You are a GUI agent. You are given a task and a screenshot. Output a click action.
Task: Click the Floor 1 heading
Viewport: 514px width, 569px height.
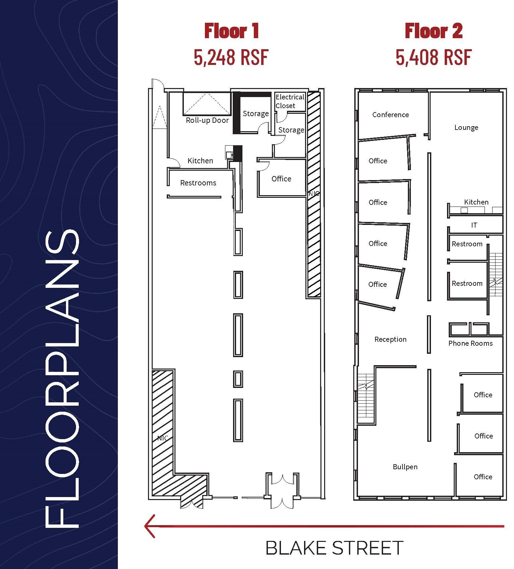pos(232,31)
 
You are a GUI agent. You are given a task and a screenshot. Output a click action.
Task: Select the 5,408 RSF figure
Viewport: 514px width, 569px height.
pos(433,57)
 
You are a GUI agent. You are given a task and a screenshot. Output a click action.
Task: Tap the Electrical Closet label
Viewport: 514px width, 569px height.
pos(290,101)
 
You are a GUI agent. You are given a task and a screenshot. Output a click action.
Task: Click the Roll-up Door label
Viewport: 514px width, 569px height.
pos(207,120)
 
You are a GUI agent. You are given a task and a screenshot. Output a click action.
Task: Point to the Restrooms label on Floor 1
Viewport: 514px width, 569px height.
pos(198,183)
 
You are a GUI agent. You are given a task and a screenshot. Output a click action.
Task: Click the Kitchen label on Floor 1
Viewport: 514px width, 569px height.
pos(200,161)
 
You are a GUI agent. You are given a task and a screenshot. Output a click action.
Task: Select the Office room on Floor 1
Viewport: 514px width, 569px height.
pos(281,179)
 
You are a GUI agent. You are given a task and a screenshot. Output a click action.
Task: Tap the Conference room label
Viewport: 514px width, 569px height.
pos(390,115)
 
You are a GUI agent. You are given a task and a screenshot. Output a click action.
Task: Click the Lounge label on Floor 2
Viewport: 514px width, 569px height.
pos(466,128)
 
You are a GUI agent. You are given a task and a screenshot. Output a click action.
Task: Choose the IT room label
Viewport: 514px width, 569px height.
pos(474,225)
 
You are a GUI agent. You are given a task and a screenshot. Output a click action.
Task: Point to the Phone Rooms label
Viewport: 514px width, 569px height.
pos(470,343)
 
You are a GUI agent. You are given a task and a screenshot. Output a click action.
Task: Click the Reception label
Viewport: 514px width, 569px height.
pos(390,339)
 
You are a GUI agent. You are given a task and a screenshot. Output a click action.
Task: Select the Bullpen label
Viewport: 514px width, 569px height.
pos(405,467)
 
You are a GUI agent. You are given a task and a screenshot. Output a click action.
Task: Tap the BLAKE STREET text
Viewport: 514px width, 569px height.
pos(334,548)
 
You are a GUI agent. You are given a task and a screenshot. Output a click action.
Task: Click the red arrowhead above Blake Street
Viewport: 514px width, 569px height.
pos(150,526)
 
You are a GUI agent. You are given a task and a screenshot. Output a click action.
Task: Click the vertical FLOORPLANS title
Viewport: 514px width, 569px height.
pos(62,378)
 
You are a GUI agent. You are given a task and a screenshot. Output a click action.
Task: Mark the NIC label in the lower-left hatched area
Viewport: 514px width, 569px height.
pos(162,438)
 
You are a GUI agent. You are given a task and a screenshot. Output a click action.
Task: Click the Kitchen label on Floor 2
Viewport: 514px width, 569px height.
pos(476,202)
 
